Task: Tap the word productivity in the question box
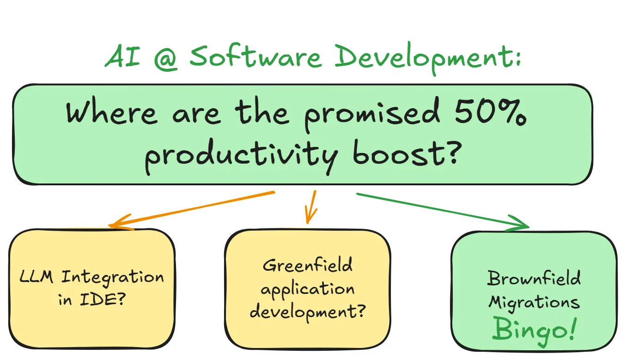tap(241, 155)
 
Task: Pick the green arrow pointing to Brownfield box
tap(444, 211)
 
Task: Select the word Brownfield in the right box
tap(534, 279)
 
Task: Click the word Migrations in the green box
tap(534, 303)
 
